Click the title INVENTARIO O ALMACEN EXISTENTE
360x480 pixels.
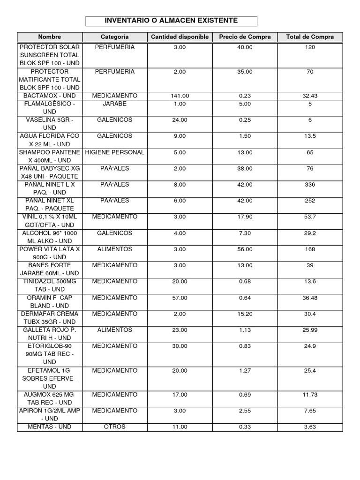pyautogui.click(x=171, y=21)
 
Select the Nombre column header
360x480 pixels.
pyautogui.click(x=50, y=37)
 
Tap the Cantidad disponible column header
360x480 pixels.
pyautogui.click(x=180, y=37)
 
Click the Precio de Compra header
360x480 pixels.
pyautogui.click(x=245, y=37)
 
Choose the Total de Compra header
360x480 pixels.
pyautogui.click(x=310, y=37)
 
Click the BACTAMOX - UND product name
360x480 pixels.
pyautogui.click(x=50, y=96)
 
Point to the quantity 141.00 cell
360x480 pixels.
pyautogui.click(x=180, y=96)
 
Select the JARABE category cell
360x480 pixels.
pyautogui.click(x=115, y=104)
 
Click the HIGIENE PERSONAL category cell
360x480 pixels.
pyautogui.click(x=115, y=152)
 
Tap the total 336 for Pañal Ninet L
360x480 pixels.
pyautogui.click(x=310, y=185)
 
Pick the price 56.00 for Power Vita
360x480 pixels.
pyautogui.click(x=245, y=249)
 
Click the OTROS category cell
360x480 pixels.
pyautogui.click(x=115, y=427)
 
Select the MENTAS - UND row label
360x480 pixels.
pyautogui.click(x=50, y=427)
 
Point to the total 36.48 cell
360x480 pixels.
pyautogui.click(x=310, y=298)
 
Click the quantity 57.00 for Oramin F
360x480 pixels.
pyautogui.click(x=180, y=298)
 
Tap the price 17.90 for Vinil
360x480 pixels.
pyautogui.click(x=245, y=217)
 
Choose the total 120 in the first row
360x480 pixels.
pyautogui.click(x=310, y=47)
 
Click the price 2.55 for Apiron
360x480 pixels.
pyautogui.click(x=245, y=411)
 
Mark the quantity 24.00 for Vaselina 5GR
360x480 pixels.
pyautogui.click(x=180, y=120)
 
